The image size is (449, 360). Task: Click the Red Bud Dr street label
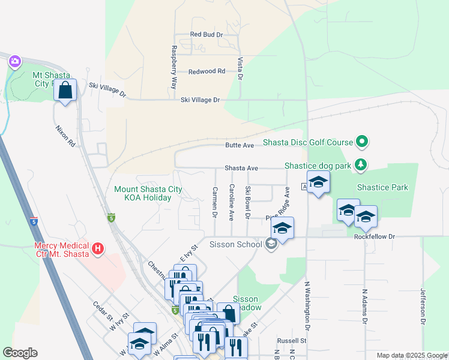coord(206,35)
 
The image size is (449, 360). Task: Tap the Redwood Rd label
coord(206,71)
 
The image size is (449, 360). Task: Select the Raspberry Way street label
coord(174,68)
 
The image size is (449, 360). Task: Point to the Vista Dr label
coord(240,68)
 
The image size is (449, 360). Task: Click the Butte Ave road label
coord(240,145)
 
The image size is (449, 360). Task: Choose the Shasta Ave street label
coord(241,169)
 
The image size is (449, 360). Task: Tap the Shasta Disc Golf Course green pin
coord(361,142)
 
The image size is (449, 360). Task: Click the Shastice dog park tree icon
coord(360,164)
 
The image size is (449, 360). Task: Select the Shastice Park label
coord(382,187)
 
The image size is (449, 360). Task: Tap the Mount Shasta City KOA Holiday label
coord(148,193)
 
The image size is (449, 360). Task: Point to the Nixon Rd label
coord(65,136)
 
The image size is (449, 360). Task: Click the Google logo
coord(20,353)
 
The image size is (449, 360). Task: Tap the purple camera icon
coord(15,61)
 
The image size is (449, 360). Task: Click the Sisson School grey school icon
coord(271,244)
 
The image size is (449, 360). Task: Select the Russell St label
coord(296,340)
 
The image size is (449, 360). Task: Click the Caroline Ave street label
coord(231,202)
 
